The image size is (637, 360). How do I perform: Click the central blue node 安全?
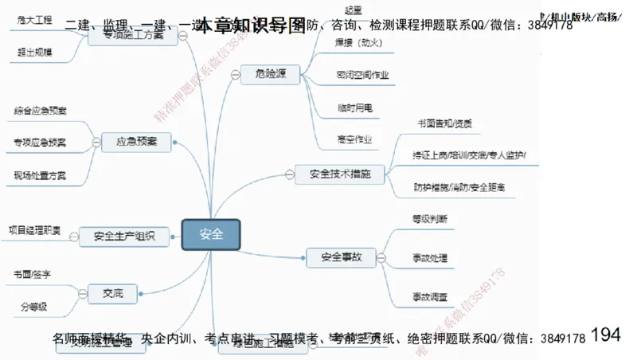click(210, 234)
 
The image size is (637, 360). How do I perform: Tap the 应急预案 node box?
click(137, 142)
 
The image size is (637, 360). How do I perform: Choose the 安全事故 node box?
click(341, 257)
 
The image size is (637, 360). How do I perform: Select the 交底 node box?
click(112, 293)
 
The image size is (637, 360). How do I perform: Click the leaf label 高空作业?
click(354, 139)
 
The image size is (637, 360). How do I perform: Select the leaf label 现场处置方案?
click(40, 174)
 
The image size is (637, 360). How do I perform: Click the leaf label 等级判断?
click(429, 218)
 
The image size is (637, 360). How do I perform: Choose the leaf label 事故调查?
click(429, 296)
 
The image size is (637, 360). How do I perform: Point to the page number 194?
click(606, 335)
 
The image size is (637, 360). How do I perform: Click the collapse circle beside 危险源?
click(233, 76)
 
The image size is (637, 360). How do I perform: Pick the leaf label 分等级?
click(33, 307)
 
